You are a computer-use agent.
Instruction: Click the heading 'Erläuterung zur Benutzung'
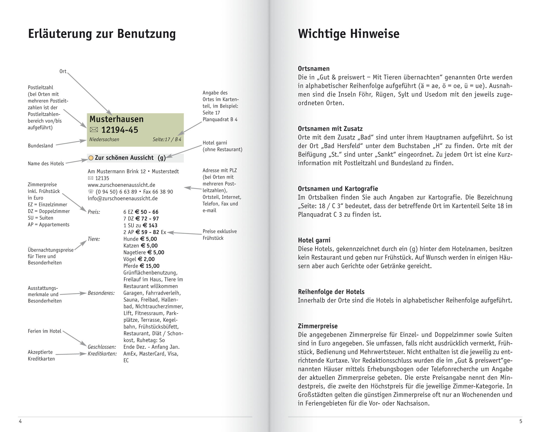click(102, 34)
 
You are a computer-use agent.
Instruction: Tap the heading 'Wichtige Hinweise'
click(348, 34)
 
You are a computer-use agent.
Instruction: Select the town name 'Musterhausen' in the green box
click(117, 119)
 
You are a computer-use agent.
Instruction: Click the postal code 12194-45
click(120, 130)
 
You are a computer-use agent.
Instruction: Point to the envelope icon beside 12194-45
click(94, 130)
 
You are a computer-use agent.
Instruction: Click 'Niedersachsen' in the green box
click(104, 139)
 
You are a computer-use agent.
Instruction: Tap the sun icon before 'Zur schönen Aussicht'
click(91, 158)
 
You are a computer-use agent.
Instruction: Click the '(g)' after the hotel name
click(162, 158)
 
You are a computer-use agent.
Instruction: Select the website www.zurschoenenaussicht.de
click(121, 185)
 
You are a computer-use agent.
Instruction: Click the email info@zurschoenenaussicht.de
click(122, 199)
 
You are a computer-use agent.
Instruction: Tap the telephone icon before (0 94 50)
click(91, 192)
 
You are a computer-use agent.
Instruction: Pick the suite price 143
click(153, 226)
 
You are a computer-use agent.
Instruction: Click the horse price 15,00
click(153, 266)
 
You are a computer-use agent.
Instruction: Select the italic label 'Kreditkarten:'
click(102, 354)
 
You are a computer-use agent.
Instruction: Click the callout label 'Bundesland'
click(40, 146)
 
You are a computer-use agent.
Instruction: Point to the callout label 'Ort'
click(63, 71)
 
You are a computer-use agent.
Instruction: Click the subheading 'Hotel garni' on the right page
click(314, 240)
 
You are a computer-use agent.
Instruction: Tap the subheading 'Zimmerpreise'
click(318, 326)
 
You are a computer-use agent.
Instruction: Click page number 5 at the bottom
click(521, 421)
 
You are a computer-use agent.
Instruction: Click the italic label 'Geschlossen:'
click(102, 347)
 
